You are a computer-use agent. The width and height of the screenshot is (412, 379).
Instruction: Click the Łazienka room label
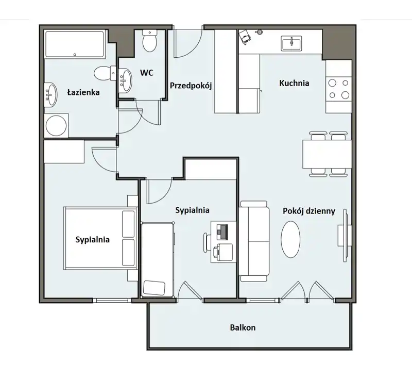pyautogui.click(x=83, y=92)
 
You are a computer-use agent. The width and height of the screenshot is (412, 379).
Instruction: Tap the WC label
pyautogui.click(x=147, y=73)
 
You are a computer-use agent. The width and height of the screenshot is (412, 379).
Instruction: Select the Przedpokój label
pyautogui.click(x=191, y=86)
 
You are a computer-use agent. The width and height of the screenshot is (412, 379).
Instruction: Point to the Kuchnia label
pyautogui.click(x=294, y=83)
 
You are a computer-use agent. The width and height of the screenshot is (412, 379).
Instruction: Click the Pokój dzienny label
pyautogui.click(x=309, y=211)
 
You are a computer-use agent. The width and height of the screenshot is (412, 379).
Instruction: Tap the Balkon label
pyautogui.click(x=243, y=327)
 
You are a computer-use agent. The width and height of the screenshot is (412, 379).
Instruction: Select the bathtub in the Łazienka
pyautogui.click(x=75, y=44)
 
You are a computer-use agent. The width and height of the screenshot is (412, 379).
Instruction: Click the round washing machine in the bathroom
pyautogui.click(x=56, y=126)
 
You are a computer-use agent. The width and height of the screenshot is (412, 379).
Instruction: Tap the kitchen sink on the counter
pyautogui.click(x=291, y=43)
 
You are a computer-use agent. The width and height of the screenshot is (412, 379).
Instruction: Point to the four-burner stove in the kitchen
pyautogui.click(x=339, y=89)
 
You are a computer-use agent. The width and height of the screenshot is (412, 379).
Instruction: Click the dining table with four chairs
pyautogui.click(x=328, y=154)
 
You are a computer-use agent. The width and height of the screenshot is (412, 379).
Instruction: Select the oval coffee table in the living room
pyautogui.click(x=290, y=239)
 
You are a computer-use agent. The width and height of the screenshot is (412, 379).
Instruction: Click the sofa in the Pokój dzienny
pyautogui.click(x=254, y=241)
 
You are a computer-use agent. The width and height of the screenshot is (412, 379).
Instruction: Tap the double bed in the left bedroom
pyautogui.click(x=100, y=238)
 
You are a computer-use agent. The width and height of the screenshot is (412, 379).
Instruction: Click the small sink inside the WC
pyautogui.click(x=124, y=79)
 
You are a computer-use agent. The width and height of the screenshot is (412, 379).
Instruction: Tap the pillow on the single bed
pyautogui.click(x=154, y=288)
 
